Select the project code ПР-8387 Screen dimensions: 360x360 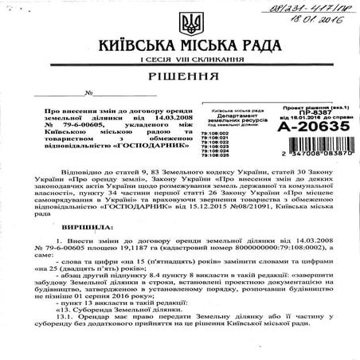coord(310,131)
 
